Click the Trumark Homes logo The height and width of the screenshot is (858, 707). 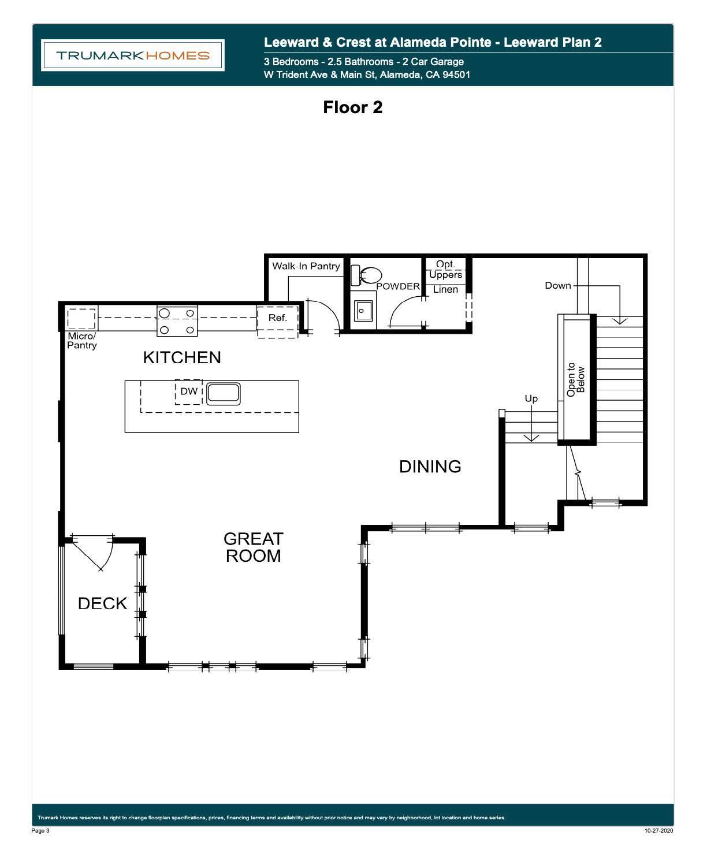pyautogui.click(x=133, y=55)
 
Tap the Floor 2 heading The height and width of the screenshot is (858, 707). pyautogui.click(x=353, y=107)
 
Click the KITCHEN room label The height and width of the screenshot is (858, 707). pyautogui.click(x=182, y=357)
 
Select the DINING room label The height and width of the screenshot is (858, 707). pyautogui.click(x=430, y=467)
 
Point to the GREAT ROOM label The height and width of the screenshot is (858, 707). pyautogui.click(x=253, y=547)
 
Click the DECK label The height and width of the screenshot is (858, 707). pyautogui.click(x=102, y=603)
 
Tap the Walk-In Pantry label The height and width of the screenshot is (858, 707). pyautogui.click(x=306, y=266)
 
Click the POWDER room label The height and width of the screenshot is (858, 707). pyautogui.click(x=398, y=286)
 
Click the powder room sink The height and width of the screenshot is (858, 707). pyautogui.click(x=363, y=312)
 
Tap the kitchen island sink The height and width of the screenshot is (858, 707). pyautogui.click(x=224, y=393)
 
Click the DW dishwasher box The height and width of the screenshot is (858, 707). pyautogui.click(x=189, y=391)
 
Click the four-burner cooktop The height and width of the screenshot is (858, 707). pyautogui.click(x=177, y=321)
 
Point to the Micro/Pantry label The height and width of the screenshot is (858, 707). pyautogui.click(x=82, y=341)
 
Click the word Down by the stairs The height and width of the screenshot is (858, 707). pyautogui.click(x=558, y=285)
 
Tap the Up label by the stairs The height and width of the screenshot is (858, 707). pyautogui.click(x=531, y=398)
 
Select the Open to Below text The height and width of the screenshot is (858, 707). pyautogui.click(x=576, y=379)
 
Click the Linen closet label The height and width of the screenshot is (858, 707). pyautogui.click(x=445, y=289)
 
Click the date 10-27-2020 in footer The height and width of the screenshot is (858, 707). pyautogui.click(x=658, y=831)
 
